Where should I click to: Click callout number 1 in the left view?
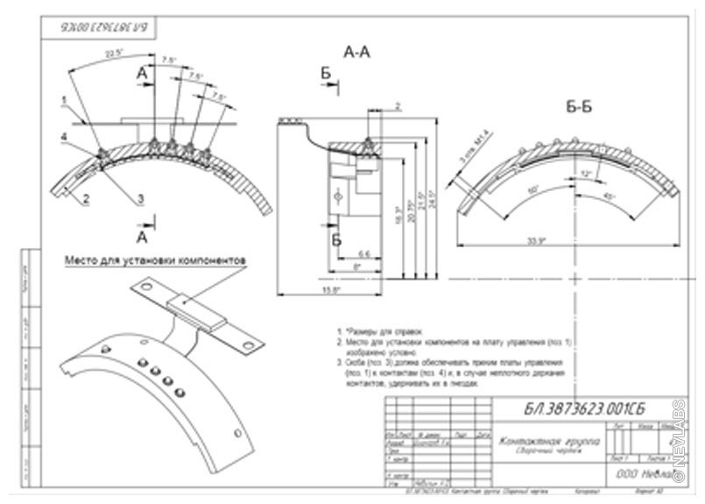pyautogui.click(x=64, y=99)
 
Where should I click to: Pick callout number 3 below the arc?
pyautogui.click(x=140, y=200)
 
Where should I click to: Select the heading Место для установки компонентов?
pyautogui.click(x=154, y=259)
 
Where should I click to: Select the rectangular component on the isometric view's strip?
pyautogui.click(x=194, y=308)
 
